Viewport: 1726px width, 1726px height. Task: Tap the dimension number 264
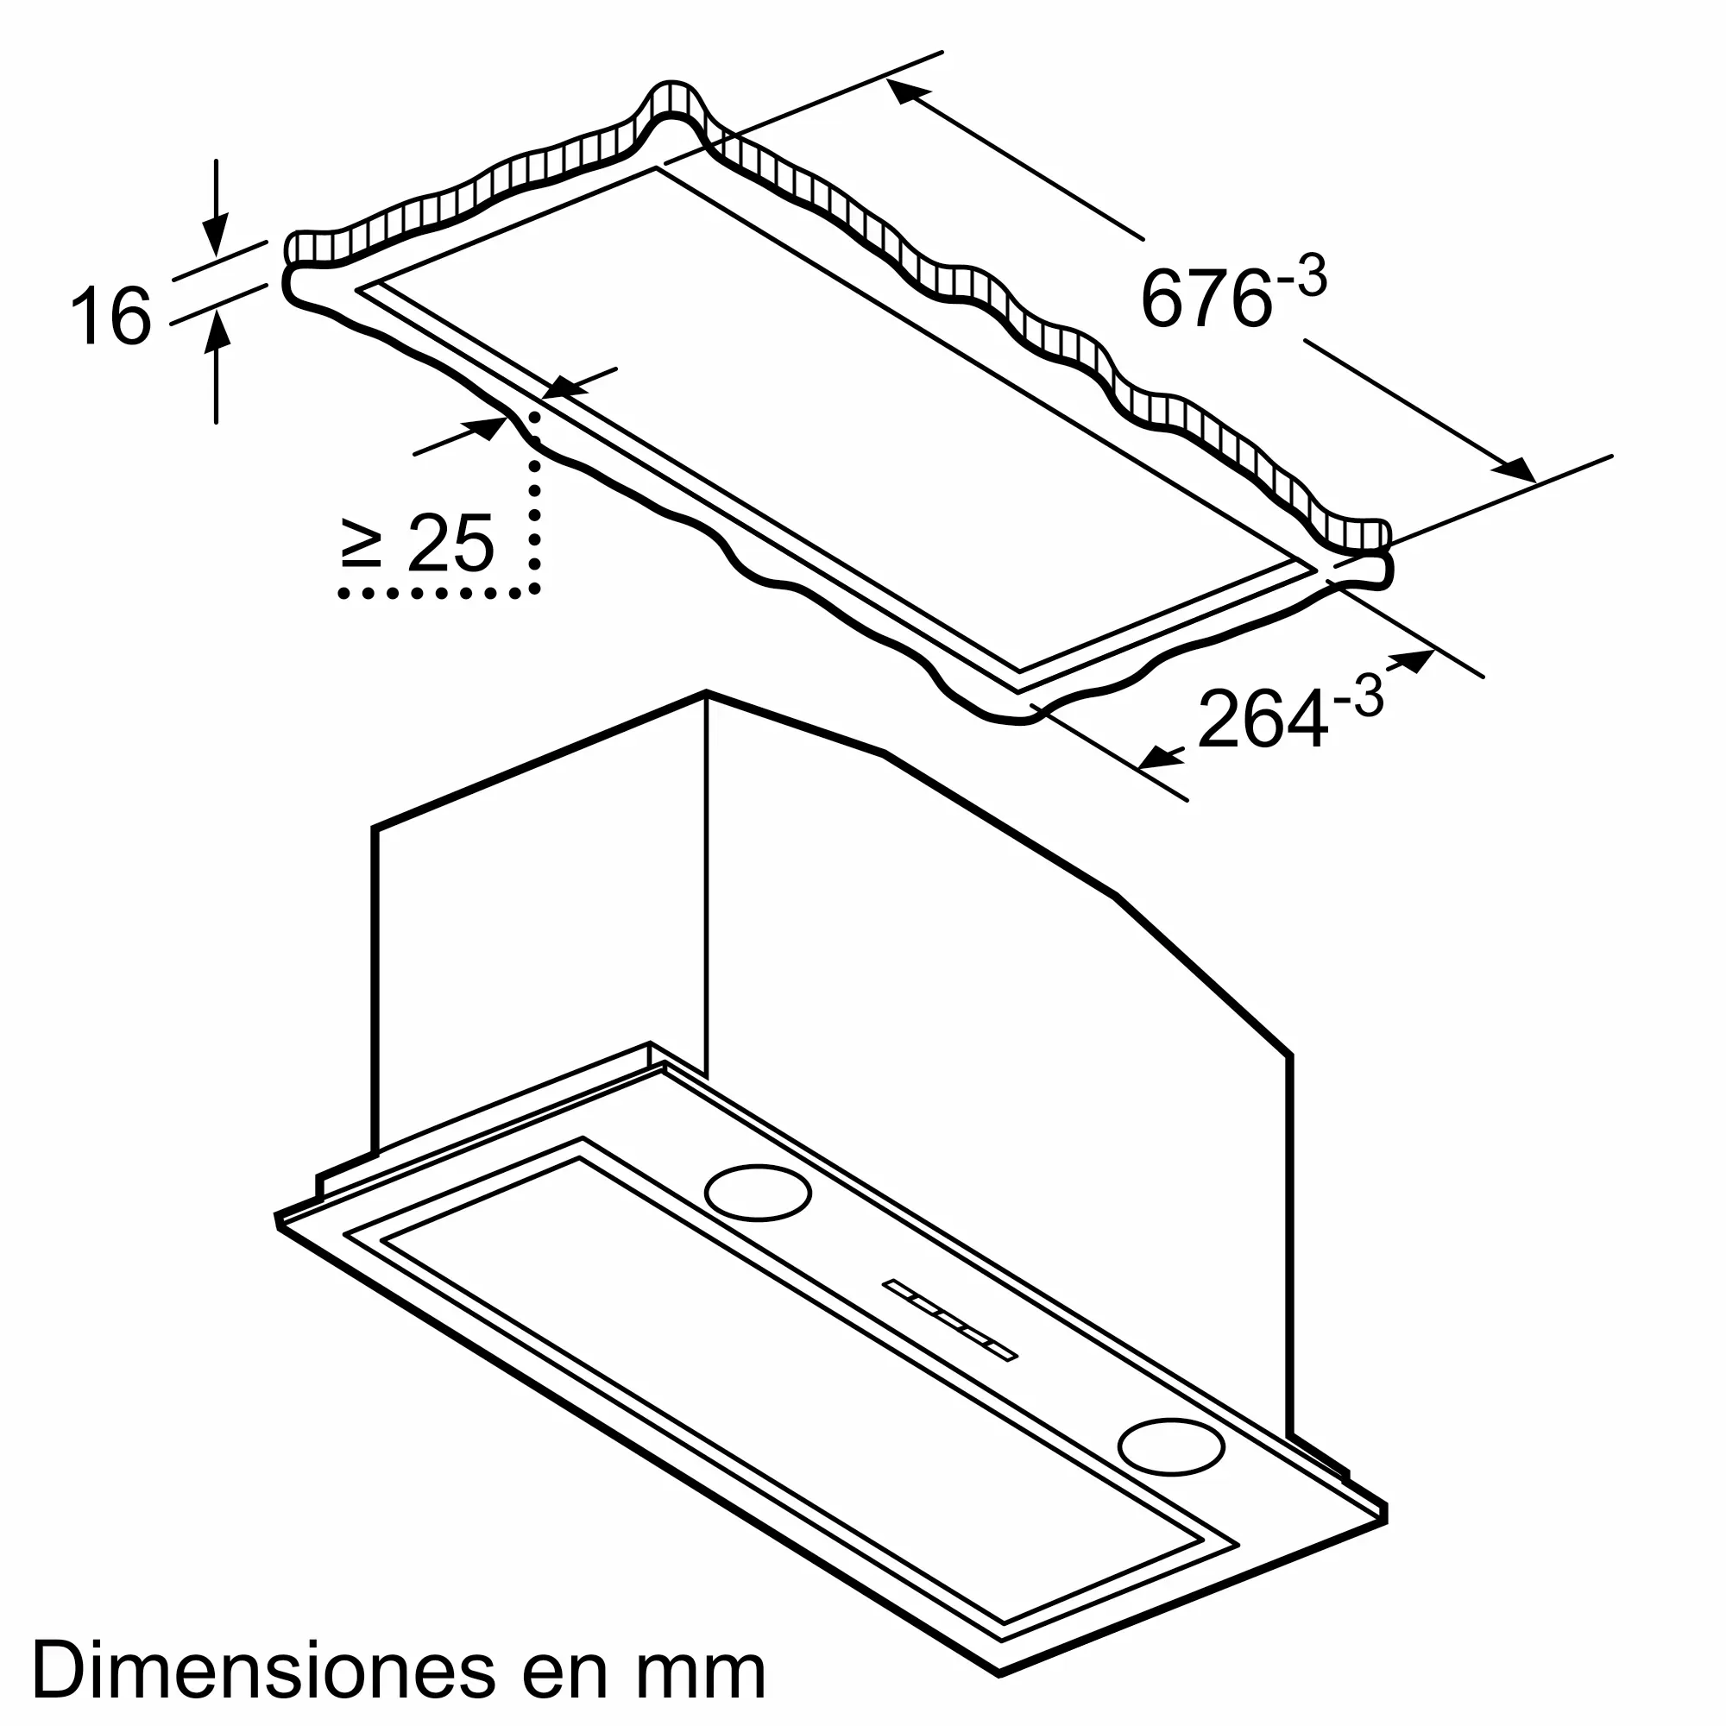[x=1263, y=719]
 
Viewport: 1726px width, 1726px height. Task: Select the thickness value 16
[x=110, y=314]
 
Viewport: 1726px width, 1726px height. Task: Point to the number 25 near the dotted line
[x=450, y=543]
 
